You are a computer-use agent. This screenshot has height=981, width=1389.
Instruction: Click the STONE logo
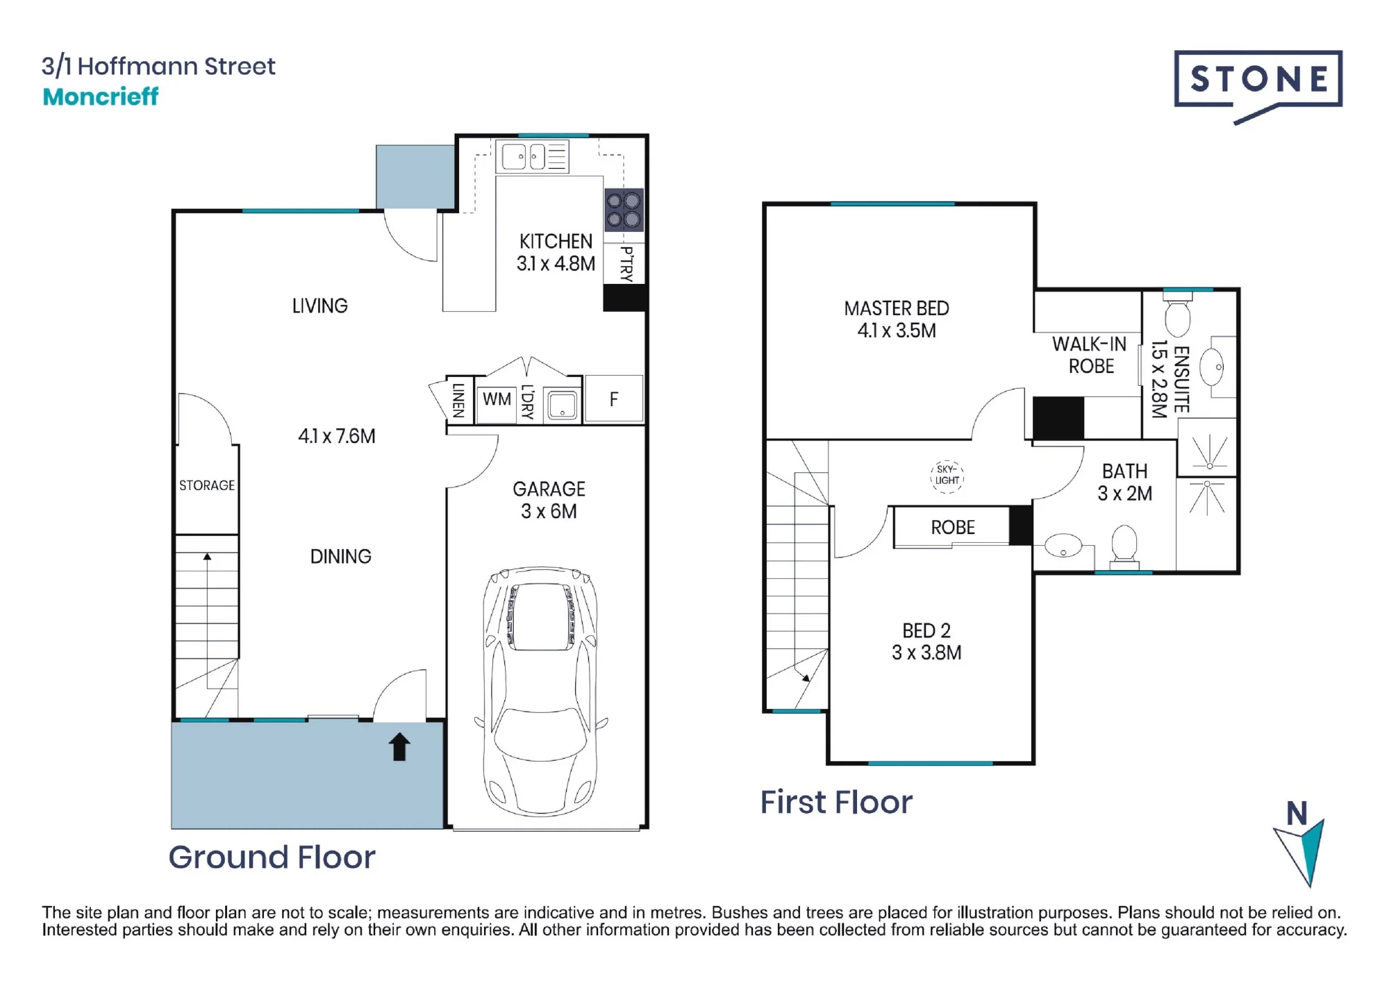coord(1258,85)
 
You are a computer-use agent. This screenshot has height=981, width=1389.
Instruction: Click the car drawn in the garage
coord(541,691)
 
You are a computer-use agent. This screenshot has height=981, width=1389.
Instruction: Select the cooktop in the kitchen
coord(624,210)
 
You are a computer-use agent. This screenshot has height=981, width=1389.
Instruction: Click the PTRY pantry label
coord(626,263)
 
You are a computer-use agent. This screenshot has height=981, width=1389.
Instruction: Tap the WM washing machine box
coord(497,399)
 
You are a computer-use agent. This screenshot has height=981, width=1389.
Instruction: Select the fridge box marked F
coord(614,399)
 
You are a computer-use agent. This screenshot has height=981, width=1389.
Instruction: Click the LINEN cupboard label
coord(458,400)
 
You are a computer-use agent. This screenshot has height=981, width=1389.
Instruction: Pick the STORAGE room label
coord(207,485)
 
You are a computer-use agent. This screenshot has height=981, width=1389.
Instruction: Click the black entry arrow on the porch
coord(399,747)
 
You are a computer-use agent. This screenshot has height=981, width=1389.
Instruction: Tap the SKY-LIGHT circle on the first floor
coord(947,476)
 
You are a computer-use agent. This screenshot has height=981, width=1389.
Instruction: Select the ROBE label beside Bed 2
coord(953,528)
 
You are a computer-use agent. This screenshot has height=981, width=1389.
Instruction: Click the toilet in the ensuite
coord(1178,317)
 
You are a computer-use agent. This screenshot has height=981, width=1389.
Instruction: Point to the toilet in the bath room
coord(1124,544)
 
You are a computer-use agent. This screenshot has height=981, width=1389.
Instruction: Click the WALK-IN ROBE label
coord(1090,355)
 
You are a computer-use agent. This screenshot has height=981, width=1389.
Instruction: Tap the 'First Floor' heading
coord(836,802)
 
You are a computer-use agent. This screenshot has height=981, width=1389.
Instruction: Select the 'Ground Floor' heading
coord(272,857)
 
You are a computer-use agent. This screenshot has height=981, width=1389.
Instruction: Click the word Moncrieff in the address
coord(101,97)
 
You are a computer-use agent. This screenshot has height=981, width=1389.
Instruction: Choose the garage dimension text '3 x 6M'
coord(549,512)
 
